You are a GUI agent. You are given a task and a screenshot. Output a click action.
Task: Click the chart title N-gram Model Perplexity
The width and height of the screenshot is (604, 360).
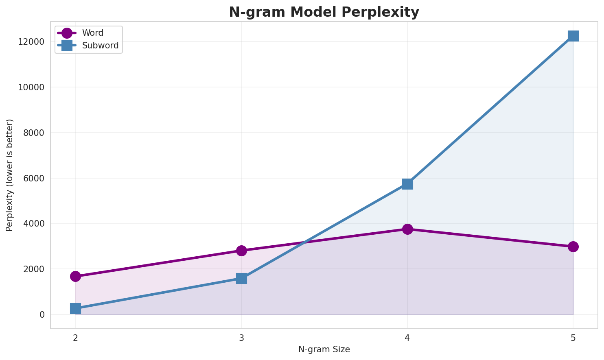coord(324,12)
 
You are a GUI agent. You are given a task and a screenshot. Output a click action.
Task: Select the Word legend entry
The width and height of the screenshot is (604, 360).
coord(92,33)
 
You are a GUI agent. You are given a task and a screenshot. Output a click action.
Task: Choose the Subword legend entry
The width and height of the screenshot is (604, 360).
coord(100,46)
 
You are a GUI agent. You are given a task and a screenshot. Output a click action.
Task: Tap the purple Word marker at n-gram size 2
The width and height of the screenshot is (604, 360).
coord(75,277)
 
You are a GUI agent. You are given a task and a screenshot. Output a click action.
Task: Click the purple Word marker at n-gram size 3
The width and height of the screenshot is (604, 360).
coord(241,251)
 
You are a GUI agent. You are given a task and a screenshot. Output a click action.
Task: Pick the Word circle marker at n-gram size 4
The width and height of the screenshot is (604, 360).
coord(407,229)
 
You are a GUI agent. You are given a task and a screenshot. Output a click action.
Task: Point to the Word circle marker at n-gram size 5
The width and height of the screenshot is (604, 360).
coord(573,247)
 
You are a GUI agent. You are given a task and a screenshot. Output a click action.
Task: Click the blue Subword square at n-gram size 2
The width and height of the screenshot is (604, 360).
coord(75,308)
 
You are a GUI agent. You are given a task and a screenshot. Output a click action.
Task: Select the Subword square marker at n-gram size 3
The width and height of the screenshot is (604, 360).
coord(241,278)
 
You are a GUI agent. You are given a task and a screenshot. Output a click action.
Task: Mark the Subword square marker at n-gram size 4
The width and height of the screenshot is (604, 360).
coord(407,184)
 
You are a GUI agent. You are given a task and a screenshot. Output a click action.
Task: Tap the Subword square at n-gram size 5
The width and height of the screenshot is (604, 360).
coord(573,36)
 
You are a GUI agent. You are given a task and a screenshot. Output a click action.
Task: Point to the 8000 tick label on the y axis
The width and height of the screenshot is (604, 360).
coord(34,133)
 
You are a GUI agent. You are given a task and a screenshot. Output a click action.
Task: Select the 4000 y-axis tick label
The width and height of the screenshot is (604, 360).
coord(34,224)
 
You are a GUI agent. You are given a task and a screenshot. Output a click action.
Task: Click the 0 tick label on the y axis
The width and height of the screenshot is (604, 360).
coord(42,314)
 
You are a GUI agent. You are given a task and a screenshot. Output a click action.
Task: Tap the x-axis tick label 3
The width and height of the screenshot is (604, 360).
coord(241,337)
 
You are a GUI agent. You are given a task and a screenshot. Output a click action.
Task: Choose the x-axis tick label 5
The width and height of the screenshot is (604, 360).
coord(573,337)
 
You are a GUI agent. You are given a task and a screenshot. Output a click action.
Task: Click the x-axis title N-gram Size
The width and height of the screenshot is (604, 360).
coord(324,349)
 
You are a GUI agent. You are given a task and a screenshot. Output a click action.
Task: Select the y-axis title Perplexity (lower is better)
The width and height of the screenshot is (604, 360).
coord(10,175)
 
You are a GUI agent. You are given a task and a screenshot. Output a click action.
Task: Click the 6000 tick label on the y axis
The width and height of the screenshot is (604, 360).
coord(34,178)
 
